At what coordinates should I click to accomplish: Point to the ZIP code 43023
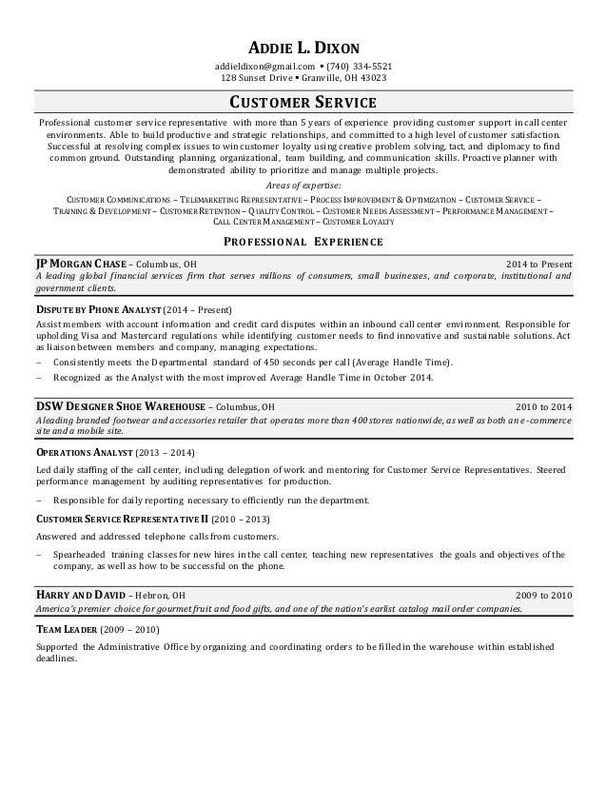[x=373, y=78]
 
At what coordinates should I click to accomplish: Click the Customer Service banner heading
[x=303, y=103]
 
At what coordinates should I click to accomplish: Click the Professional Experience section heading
[x=303, y=242]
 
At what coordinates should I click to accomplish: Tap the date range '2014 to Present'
[x=538, y=264]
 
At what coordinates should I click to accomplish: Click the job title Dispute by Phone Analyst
[x=98, y=310]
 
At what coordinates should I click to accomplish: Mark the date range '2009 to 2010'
[x=543, y=595]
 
